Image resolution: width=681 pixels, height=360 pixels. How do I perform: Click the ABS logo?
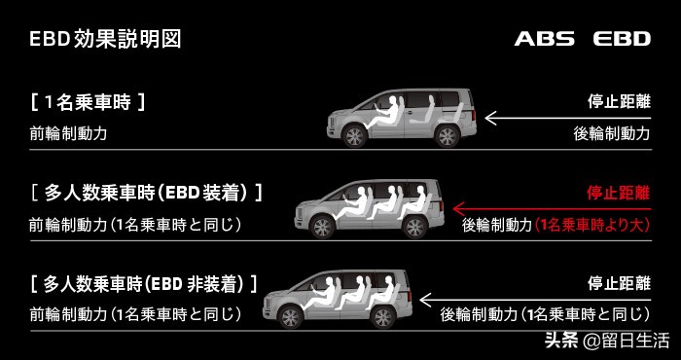coord(546,40)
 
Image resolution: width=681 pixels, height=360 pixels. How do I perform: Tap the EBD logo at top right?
coord(622,40)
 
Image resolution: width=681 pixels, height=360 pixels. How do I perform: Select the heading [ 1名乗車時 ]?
coord(88,100)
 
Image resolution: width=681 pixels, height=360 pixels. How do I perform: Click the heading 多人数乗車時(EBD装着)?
coord(146,192)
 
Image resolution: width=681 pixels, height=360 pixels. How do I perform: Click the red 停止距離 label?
coord(618,192)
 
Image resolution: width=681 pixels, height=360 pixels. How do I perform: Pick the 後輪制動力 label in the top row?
coord(611,133)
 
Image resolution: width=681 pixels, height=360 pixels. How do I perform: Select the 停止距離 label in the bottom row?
coord(618,283)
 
